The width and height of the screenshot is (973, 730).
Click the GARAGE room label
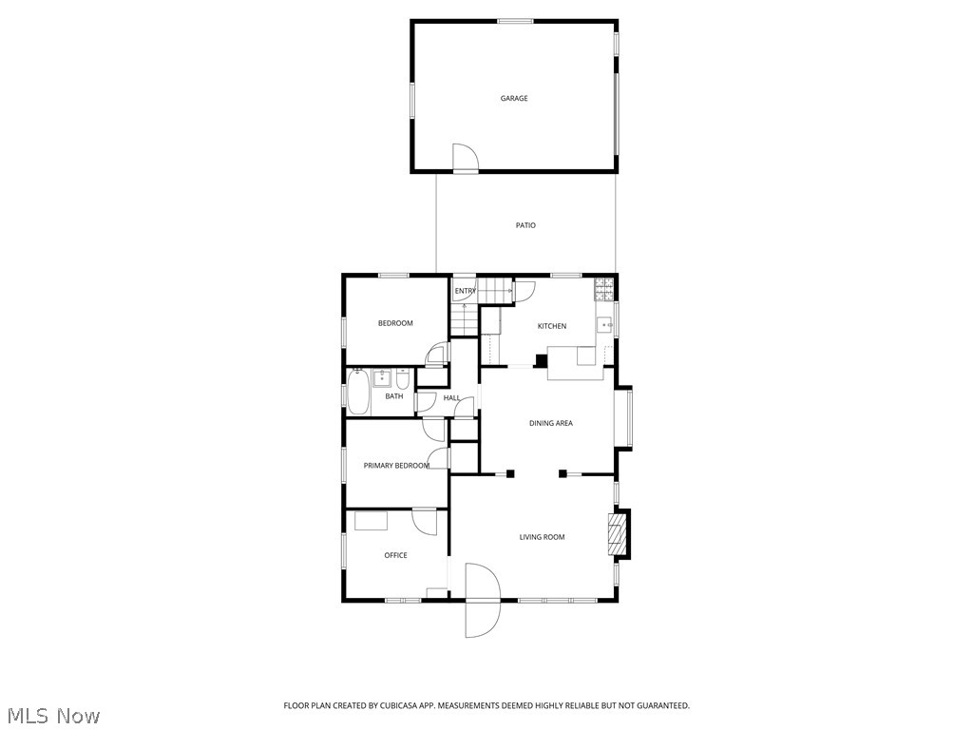click(x=514, y=98)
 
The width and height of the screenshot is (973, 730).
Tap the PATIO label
click(x=525, y=225)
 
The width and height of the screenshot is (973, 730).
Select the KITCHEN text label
click(x=552, y=326)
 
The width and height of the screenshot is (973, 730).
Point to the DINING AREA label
click(x=551, y=423)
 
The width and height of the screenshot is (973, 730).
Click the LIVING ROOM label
click(x=542, y=537)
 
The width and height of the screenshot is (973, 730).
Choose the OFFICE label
click(x=395, y=555)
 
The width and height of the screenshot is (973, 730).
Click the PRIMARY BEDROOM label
click(x=396, y=466)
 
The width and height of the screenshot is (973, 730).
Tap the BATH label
click(x=393, y=396)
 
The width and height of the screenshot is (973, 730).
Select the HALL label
click(x=451, y=397)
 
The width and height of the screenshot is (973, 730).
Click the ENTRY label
click(x=465, y=291)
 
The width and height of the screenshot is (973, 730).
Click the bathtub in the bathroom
click(x=358, y=393)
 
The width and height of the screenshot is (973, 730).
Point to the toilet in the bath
click(x=403, y=380)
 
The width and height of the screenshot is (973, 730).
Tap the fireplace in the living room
click(x=619, y=534)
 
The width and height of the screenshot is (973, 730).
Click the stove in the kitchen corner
click(x=603, y=284)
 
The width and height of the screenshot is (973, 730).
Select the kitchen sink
click(x=604, y=326)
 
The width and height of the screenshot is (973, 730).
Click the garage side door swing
click(x=463, y=158)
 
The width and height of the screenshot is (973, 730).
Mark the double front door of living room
click(x=483, y=601)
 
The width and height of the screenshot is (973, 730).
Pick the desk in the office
click(x=371, y=520)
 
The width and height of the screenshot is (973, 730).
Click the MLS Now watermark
click(x=52, y=715)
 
